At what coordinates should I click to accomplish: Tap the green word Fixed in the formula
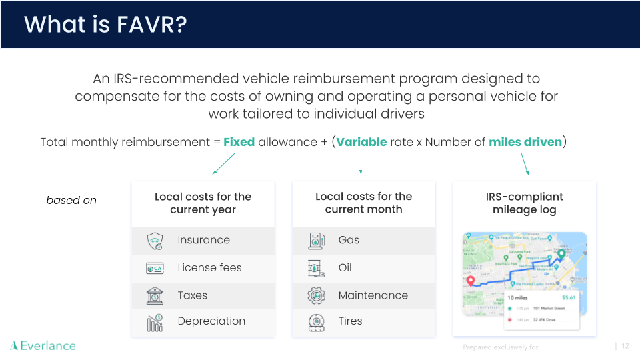tap(239, 142)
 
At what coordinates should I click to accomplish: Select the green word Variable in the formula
tap(361, 142)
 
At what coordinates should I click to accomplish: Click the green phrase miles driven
tap(525, 142)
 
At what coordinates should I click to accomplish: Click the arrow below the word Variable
tap(361, 163)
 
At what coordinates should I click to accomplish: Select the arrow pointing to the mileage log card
tap(525, 163)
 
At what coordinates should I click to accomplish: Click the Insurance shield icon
tap(155, 241)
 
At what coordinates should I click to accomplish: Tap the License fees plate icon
tap(155, 268)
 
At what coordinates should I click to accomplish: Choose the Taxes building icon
tap(155, 295)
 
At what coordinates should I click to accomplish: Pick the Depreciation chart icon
tap(155, 323)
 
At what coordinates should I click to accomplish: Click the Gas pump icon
tap(316, 241)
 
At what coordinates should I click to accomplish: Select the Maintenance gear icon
tap(316, 295)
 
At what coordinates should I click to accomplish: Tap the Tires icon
tap(316, 323)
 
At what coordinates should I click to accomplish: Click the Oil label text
tap(345, 268)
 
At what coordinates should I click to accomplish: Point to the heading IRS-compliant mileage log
tap(524, 203)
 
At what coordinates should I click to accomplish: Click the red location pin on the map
tap(471, 281)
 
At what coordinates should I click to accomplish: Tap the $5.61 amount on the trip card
tap(568, 297)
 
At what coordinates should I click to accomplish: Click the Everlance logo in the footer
tap(43, 345)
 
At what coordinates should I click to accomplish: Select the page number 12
tap(625, 346)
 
